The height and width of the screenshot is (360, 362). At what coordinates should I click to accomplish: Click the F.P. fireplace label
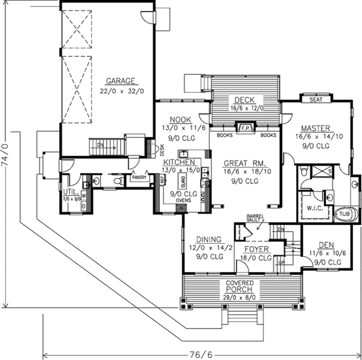(x=246, y=128)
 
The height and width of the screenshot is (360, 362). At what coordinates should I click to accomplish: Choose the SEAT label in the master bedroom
(x=314, y=99)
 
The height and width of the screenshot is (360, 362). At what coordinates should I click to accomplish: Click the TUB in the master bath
(x=344, y=214)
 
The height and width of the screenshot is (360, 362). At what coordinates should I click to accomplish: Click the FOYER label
(x=256, y=248)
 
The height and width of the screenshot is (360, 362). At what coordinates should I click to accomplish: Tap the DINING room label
(x=205, y=239)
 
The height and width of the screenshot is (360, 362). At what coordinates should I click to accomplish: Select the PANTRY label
(x=139, y=178)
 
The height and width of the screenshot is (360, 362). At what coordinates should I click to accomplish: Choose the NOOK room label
(x=180, y=119)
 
